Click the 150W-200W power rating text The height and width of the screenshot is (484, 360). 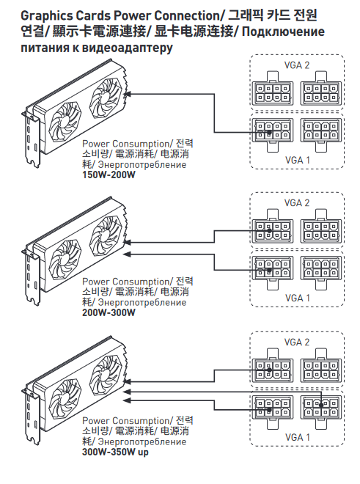coord(109,175)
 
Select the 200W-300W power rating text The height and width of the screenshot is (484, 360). coord(109,312)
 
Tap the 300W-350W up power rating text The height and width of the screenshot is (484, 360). coord(115,452)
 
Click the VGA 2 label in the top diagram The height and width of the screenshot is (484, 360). coord(297,65)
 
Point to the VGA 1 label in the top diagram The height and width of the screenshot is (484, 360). coord(298,160)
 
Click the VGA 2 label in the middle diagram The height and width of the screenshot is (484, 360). coord(297,203)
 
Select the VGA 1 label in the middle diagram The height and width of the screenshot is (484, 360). coord(298,298)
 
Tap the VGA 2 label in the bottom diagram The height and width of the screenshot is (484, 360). coord(297,342)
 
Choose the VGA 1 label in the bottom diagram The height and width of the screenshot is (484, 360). coord(298,437)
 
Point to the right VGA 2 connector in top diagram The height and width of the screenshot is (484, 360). coord(321,89)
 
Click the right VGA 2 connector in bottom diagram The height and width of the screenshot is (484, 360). coord(321,366)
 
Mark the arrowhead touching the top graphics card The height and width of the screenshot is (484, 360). coord(127,94)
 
